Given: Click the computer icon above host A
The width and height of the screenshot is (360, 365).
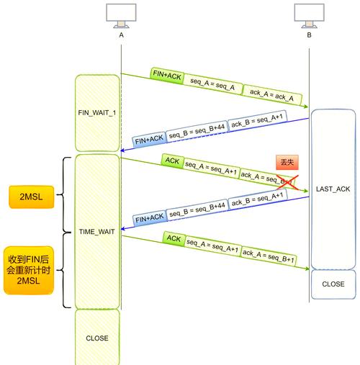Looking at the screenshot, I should pos(121,15).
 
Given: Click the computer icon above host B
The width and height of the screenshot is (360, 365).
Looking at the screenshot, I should pos(309,15).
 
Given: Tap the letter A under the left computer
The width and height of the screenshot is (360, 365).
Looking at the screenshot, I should pos(121,35).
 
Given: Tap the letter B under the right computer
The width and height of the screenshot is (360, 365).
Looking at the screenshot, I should pos(309,35).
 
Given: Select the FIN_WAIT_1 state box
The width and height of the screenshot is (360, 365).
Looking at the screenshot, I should pos(97,113).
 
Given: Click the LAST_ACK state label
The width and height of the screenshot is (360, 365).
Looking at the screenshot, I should pos(333,189).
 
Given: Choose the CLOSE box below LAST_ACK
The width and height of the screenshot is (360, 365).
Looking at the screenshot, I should pos(333,284).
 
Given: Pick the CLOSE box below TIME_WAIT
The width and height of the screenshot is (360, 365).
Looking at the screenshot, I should pos(97,337).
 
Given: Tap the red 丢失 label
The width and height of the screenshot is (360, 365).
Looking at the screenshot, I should pos(286,163).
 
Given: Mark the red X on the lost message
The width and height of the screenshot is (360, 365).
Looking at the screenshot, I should pos(287,184).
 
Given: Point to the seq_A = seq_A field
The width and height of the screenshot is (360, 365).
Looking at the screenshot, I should pos(212,83).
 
